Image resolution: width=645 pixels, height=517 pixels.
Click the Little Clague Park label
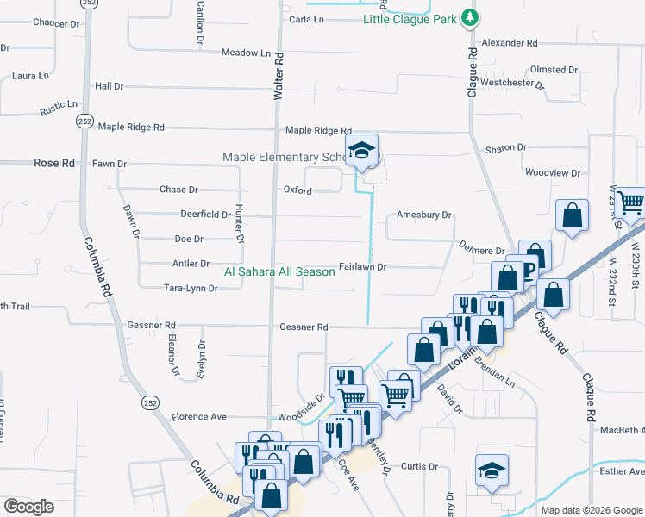point(409,19)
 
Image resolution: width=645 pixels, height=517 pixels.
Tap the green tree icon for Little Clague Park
point(468,17)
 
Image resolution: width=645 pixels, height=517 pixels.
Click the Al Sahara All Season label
point(279,271)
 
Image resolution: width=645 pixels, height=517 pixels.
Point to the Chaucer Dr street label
point(56,22)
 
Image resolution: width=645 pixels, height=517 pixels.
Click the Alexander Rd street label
point(510,42)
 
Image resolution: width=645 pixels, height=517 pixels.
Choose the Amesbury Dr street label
point(424,215)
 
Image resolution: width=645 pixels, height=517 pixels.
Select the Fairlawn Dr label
point(362,267)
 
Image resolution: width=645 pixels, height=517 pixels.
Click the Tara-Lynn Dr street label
point(190,288)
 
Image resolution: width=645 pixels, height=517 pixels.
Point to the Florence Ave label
point(198,417)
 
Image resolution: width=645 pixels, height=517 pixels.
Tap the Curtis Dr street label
point(420,466)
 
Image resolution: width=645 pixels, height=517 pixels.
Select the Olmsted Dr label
point(554,70)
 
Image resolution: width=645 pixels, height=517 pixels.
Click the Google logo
point(29,507)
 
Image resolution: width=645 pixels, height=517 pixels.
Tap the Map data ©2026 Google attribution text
point(591,510)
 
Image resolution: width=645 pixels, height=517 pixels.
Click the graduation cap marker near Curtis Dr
point(492,470)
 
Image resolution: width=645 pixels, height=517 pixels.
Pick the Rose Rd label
point(54,163)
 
